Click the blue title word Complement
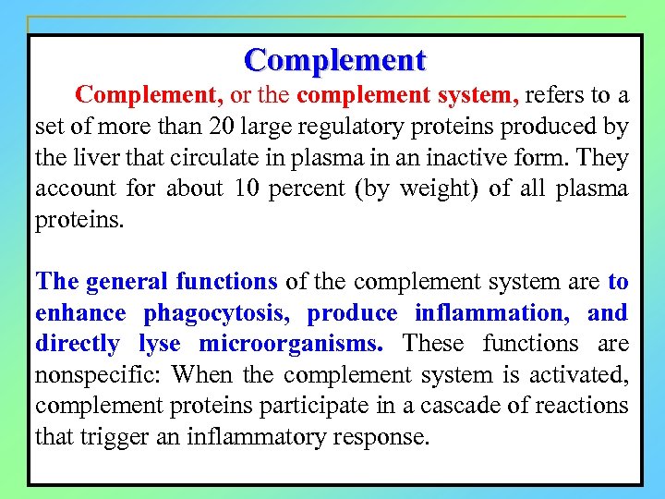(334, 60)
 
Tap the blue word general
(126, 281)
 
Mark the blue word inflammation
(492, 312)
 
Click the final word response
(383, 437)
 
